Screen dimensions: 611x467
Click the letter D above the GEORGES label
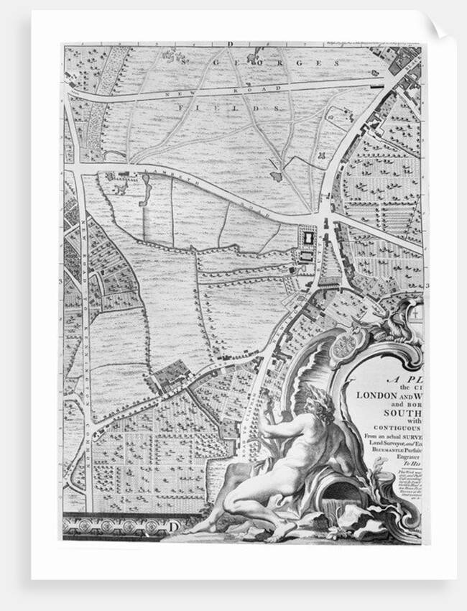232,45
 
